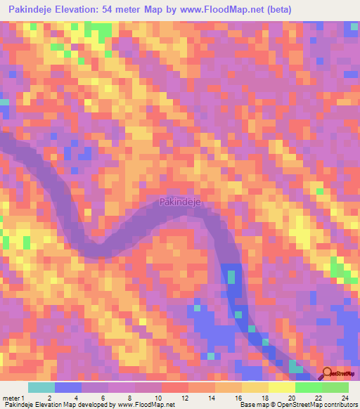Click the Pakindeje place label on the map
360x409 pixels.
[x=180, y=202]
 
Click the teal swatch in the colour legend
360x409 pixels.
[x=41, y=387]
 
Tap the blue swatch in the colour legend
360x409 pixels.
[x=68, y=387]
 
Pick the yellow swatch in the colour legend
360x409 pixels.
[x=255, y=387]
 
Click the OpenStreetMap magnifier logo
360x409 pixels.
[x=328, y=375]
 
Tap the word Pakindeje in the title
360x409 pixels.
[x=32, y=9]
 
